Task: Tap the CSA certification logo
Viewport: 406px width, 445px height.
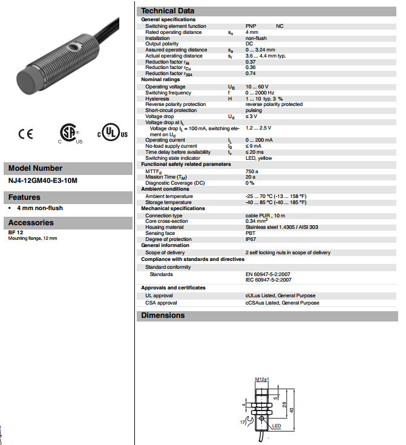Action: (x=69, y=134)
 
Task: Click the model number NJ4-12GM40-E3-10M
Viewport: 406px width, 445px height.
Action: (x=44, y=180)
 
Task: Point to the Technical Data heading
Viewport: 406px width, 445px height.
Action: (x=168, y=11)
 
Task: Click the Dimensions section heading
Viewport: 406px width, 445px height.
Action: (x=163, y=315)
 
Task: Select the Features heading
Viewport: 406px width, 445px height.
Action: (x=24, y=197)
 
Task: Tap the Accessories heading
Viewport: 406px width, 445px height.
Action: (x=31, y=223)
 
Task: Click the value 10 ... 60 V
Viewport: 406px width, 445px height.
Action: (x=257, y=87)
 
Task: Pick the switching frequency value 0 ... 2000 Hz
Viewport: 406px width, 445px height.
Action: (x=260, y=93)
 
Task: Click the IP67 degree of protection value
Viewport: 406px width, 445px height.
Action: (x=250, y=239)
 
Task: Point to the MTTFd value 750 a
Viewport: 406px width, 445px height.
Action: (x=252, y=171)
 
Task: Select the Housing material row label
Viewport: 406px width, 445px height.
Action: (x=165, y=227)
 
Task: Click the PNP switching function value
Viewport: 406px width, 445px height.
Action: (x=250, y=26)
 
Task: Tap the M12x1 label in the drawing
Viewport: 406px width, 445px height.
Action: (x=261, y=378)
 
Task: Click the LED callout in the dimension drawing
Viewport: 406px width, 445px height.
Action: (x=276, y=426)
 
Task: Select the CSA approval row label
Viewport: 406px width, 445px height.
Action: (x=161, y=303)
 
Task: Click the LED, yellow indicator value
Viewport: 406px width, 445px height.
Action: (x=258, y=158)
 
